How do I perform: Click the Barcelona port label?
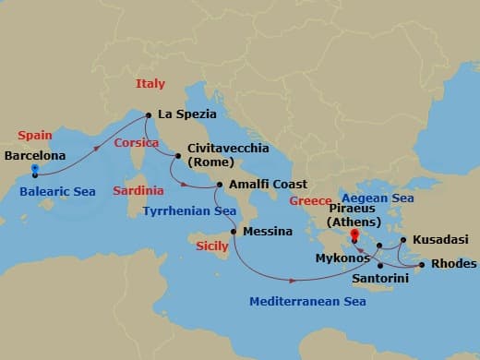[34, 155]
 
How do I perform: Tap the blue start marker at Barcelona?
[35, 170]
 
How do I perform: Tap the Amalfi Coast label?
[268, 185]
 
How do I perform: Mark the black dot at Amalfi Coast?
[219, 185]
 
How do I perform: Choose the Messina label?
[267, 231]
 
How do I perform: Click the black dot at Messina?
[233, 231]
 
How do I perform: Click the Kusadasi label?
[441, 239]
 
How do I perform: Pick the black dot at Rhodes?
[422, 266]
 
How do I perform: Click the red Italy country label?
[150, 84]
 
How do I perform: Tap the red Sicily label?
[212, 246]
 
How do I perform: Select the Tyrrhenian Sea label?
[189, 210]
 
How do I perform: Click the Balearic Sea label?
[57, 192]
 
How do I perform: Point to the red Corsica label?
[137, 143]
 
